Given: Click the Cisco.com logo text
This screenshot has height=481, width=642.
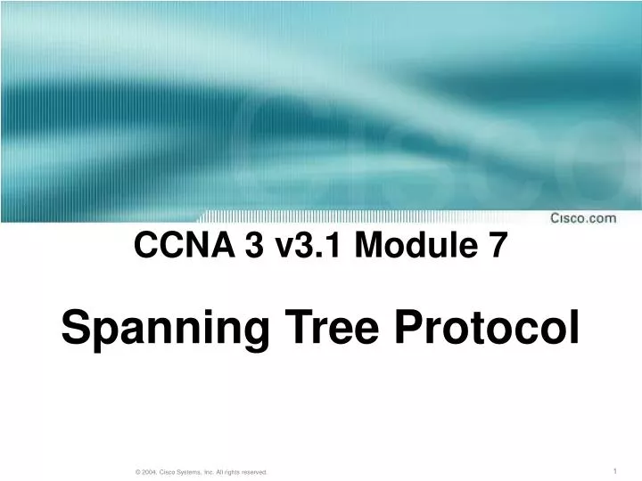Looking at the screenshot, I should tap(582, 218).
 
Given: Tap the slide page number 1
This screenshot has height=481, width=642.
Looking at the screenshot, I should tap(616, 470).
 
